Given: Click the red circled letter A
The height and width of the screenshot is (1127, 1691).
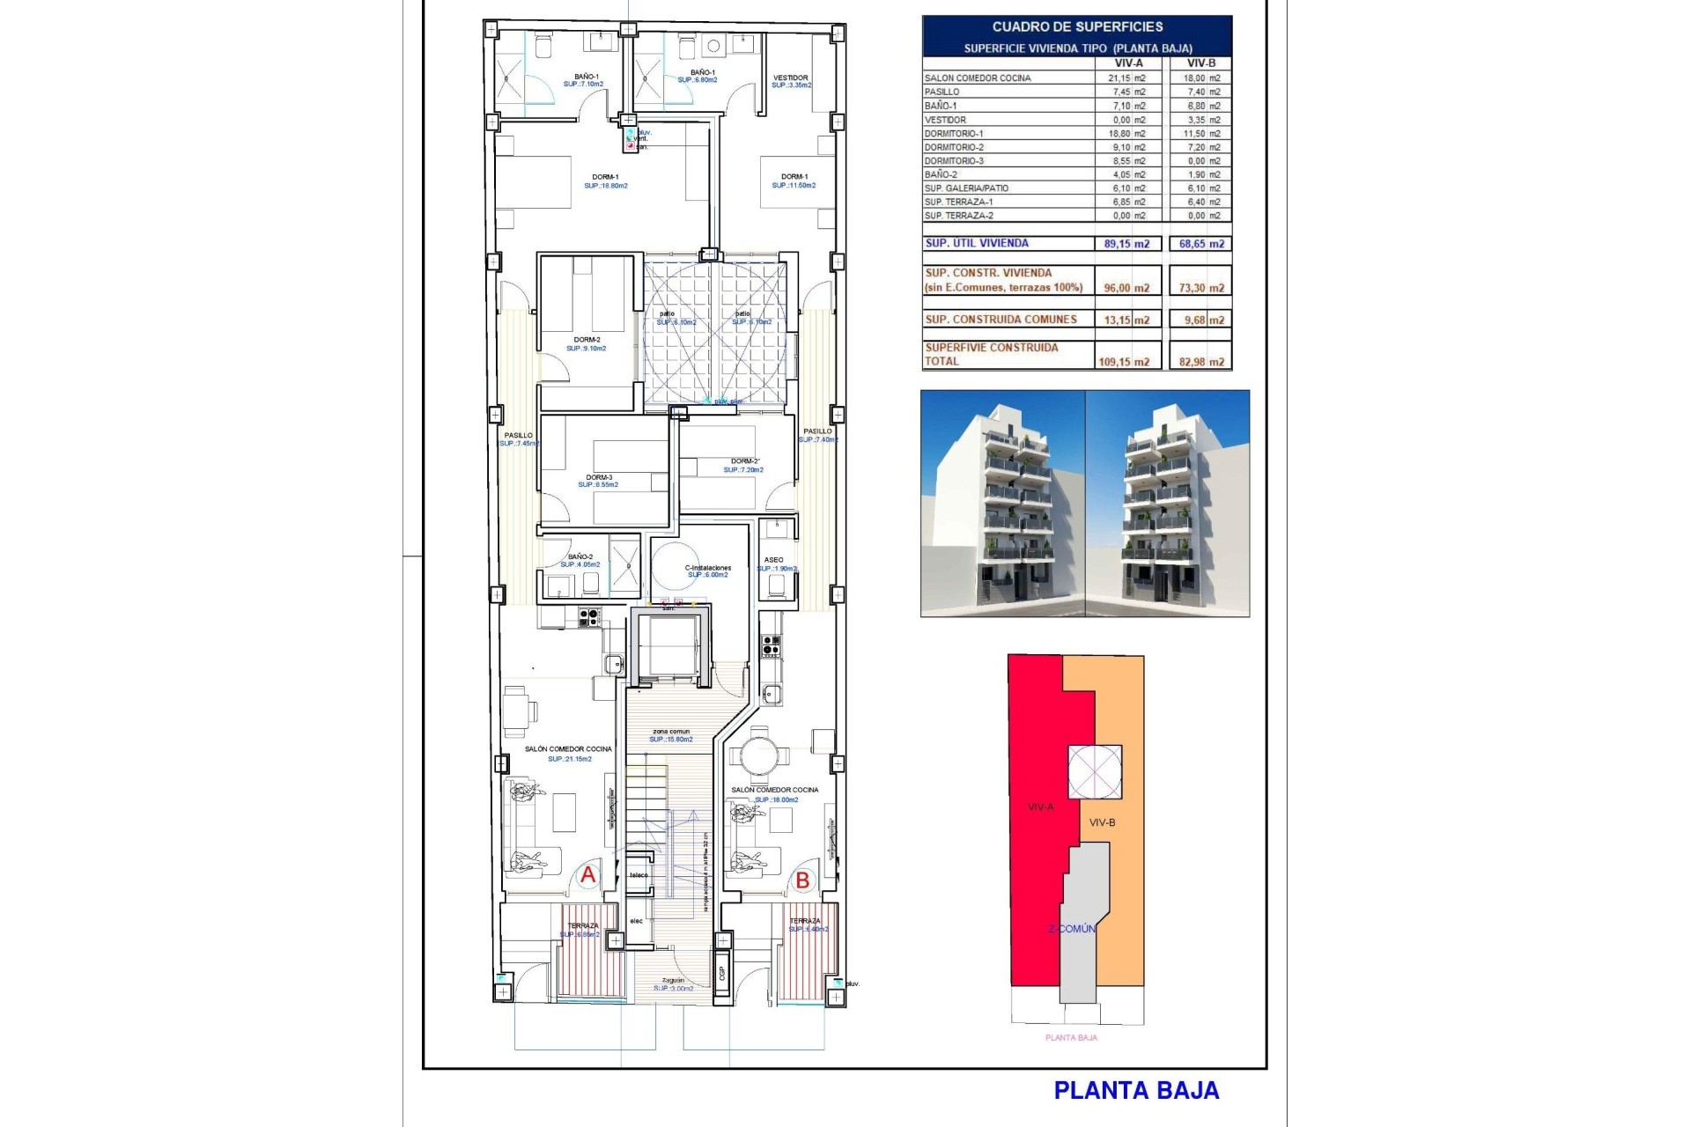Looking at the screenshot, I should pyautogui.click(x=587, y=875).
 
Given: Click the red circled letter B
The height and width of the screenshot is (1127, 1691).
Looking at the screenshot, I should pyautogui.click(x=802, y=880).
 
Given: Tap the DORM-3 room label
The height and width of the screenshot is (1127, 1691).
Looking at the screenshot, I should pyautogui.click(x=599, y=477).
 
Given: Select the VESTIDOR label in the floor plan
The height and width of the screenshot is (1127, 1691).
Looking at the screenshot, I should pyautogui.click(x=790, y=77).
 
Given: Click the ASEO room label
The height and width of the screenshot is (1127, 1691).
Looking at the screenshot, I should pyautogui.click(x=773, y=560).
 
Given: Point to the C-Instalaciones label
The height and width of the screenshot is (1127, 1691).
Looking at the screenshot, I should pyautogui.click(x=708, y=568).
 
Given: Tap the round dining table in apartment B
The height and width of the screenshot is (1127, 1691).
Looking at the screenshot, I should pyautogui.click(x=758, y=755).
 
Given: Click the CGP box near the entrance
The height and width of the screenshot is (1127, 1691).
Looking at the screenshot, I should pyautogui.click(x=722, y=971).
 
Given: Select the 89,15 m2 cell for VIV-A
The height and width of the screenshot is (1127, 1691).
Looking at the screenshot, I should pyautogui.click(x=1126, y=244).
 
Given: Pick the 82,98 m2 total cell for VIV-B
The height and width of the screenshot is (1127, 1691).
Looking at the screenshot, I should pyautogui.click(x=1201, y=362).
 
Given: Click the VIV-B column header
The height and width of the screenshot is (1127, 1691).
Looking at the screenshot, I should pyautogui.click(x=1200, y=63).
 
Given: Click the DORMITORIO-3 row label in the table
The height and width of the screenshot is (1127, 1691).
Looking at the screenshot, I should pyautogui.click(x=954, y=161).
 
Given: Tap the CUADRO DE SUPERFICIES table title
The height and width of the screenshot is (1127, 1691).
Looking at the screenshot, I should pyautogui.click(x=1077, y=27).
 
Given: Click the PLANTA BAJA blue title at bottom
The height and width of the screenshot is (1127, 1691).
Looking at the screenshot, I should pyautogui.click(x=1136, y=1091).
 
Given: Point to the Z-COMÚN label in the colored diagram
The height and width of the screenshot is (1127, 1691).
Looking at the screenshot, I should pyautogui.click(x=1071, y=929).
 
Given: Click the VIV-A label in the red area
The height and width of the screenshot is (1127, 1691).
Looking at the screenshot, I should pyautogui.click(x=1040, y=807).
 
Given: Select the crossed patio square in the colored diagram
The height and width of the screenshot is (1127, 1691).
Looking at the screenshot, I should pyautogui.click(x=1095, y=772).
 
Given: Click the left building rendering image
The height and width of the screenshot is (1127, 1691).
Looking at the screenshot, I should pyautogui.click(x=1002, y=503).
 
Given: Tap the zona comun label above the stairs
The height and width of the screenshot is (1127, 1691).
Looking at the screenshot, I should pyautogui.click(x=671, y=732).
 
